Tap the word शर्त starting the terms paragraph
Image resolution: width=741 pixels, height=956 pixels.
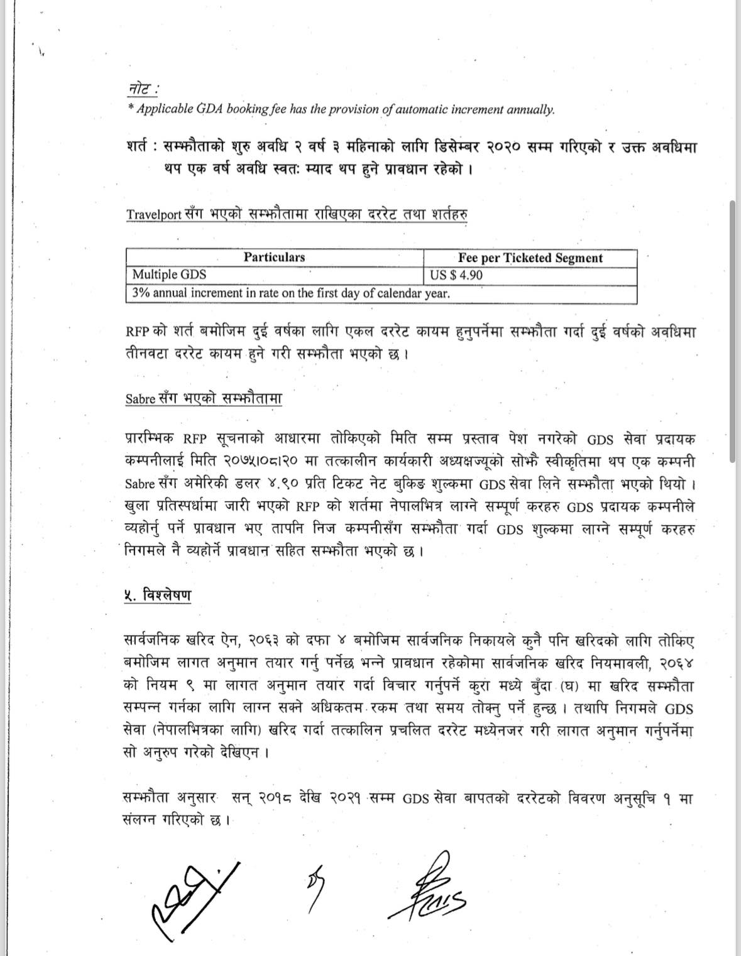138,148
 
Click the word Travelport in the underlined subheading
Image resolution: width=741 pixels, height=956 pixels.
155,214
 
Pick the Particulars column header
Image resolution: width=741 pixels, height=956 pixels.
274,258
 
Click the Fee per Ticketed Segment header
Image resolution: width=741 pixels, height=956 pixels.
530,258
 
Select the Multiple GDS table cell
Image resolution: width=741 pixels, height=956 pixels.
169,274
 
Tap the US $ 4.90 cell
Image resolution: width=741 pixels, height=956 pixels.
456,275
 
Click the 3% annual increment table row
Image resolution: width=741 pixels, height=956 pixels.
290,293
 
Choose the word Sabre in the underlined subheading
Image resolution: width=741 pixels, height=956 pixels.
140,399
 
